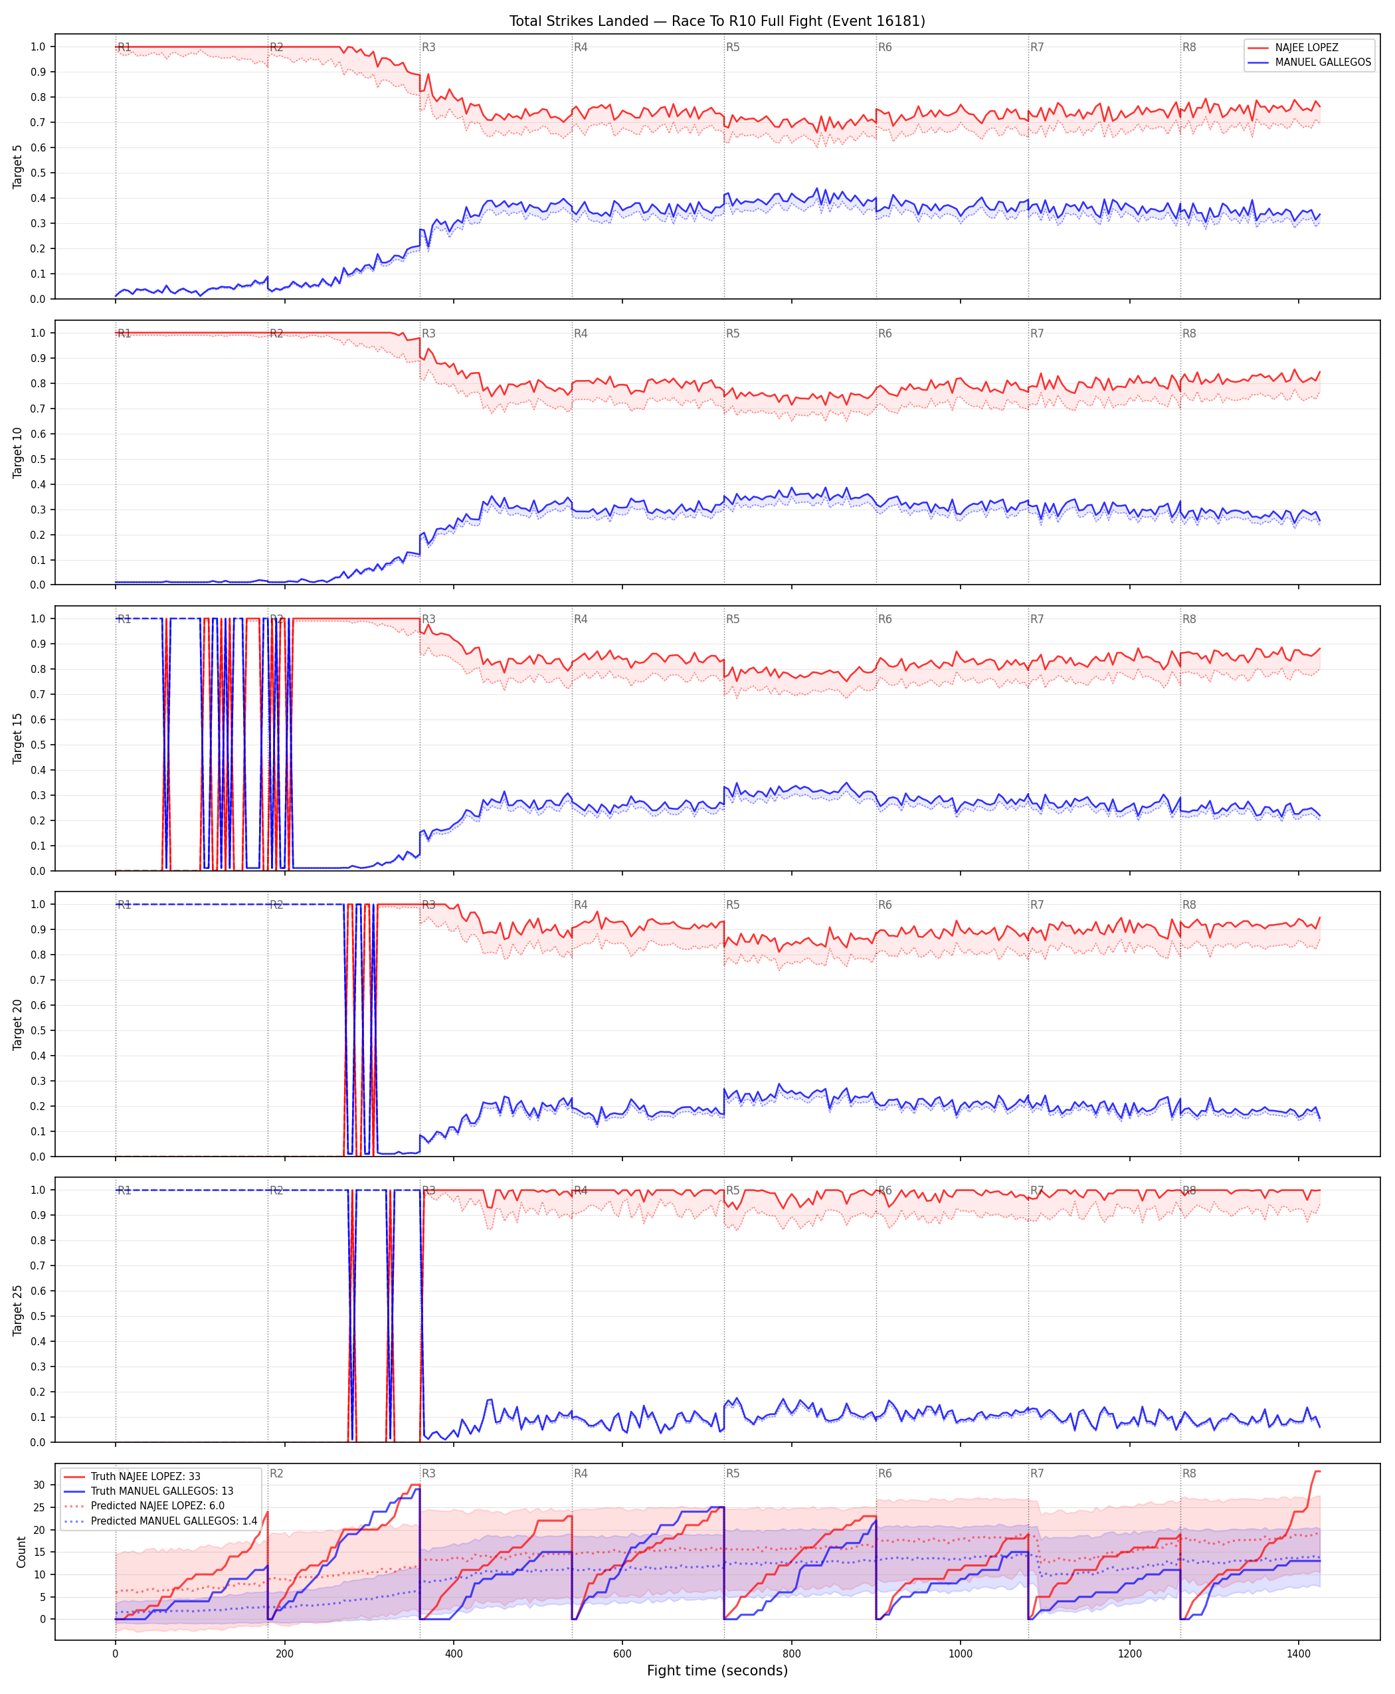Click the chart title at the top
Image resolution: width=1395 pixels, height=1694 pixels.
point(717,21)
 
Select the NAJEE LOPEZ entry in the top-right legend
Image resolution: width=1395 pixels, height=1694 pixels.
point(1307,47)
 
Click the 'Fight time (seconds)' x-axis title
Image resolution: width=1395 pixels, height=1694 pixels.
point(717,1671)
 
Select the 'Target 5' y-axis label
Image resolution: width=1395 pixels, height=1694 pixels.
point(18,166)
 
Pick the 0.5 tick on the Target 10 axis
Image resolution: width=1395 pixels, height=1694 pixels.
point(38,459)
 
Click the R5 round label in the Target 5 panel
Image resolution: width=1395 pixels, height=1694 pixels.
point(733,47)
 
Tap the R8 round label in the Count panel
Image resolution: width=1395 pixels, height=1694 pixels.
point(1189,1474)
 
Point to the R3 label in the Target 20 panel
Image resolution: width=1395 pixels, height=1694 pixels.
point(429,905)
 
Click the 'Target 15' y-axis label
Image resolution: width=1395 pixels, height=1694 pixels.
point(18,737)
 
